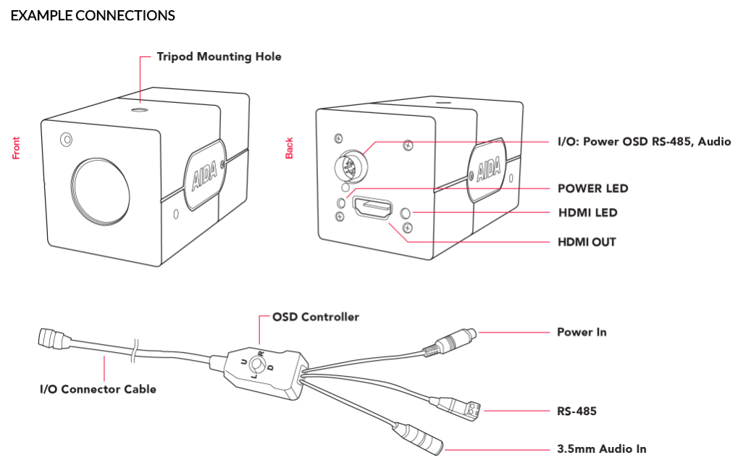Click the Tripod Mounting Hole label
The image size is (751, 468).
[219, 57]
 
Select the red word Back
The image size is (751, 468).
[290, 148]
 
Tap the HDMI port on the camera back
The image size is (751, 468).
[373, 209]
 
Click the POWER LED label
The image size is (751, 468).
[592, 188]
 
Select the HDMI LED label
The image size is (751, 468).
[587, 213]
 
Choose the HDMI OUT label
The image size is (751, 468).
[587, 241]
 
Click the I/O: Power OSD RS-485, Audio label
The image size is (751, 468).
[644, 142]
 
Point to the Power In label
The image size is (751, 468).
[582, 333]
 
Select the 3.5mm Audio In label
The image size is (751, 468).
[601, 449]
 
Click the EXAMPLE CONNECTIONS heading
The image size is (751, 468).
[93, 15]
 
